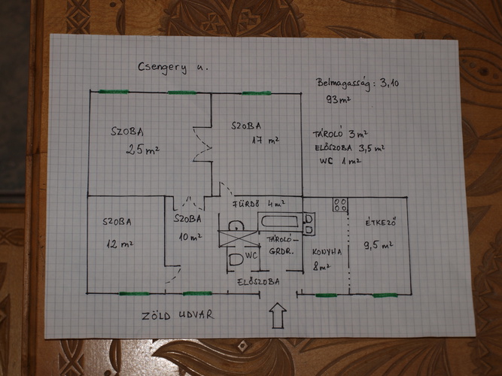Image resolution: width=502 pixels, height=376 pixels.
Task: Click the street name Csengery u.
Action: (x=173, y=68)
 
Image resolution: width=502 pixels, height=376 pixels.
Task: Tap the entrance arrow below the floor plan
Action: (x=278, y=316)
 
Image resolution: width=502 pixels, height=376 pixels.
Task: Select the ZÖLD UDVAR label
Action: (x=178, y=315)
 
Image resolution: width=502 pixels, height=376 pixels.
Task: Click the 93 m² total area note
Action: (x=338, y=99)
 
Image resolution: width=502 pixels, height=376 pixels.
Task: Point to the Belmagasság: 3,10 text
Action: (x=357, y=83)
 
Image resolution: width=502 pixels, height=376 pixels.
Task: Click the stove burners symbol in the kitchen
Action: (x=340, y=205)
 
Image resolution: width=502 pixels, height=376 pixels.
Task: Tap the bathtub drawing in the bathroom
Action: (x=280, y=221)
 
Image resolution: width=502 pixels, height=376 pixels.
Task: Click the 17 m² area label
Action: (x=266, y=140)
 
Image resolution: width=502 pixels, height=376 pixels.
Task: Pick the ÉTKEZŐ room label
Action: (x=381, y=223)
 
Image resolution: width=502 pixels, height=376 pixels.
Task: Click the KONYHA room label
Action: (x=327, y=252)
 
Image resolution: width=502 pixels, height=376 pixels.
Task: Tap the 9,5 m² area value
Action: (x=378, y=246)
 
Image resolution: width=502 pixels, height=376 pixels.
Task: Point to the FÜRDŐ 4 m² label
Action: (x=259, y=204)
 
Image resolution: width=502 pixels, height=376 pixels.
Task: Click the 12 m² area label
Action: (x=120, y=245)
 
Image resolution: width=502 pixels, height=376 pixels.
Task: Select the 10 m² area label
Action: (x=190, y=238)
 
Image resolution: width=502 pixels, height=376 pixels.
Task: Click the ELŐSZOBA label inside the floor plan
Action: (x=258, y=282)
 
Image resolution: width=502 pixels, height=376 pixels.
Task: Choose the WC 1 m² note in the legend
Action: (x=340, y=161)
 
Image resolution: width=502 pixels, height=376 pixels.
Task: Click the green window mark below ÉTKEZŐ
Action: (x=385, y=296)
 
